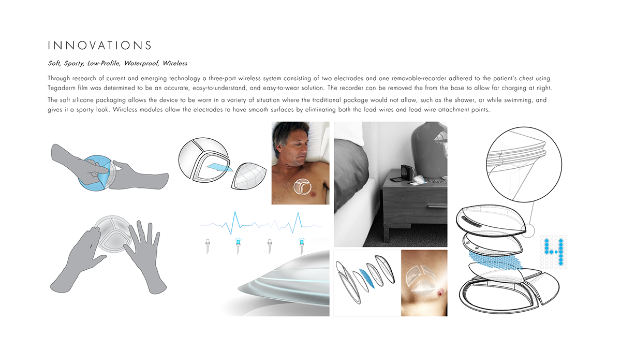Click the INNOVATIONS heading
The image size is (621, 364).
[100, 46]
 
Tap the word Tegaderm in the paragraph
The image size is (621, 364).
[63, 88]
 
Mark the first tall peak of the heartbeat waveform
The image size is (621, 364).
[235, 217]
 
